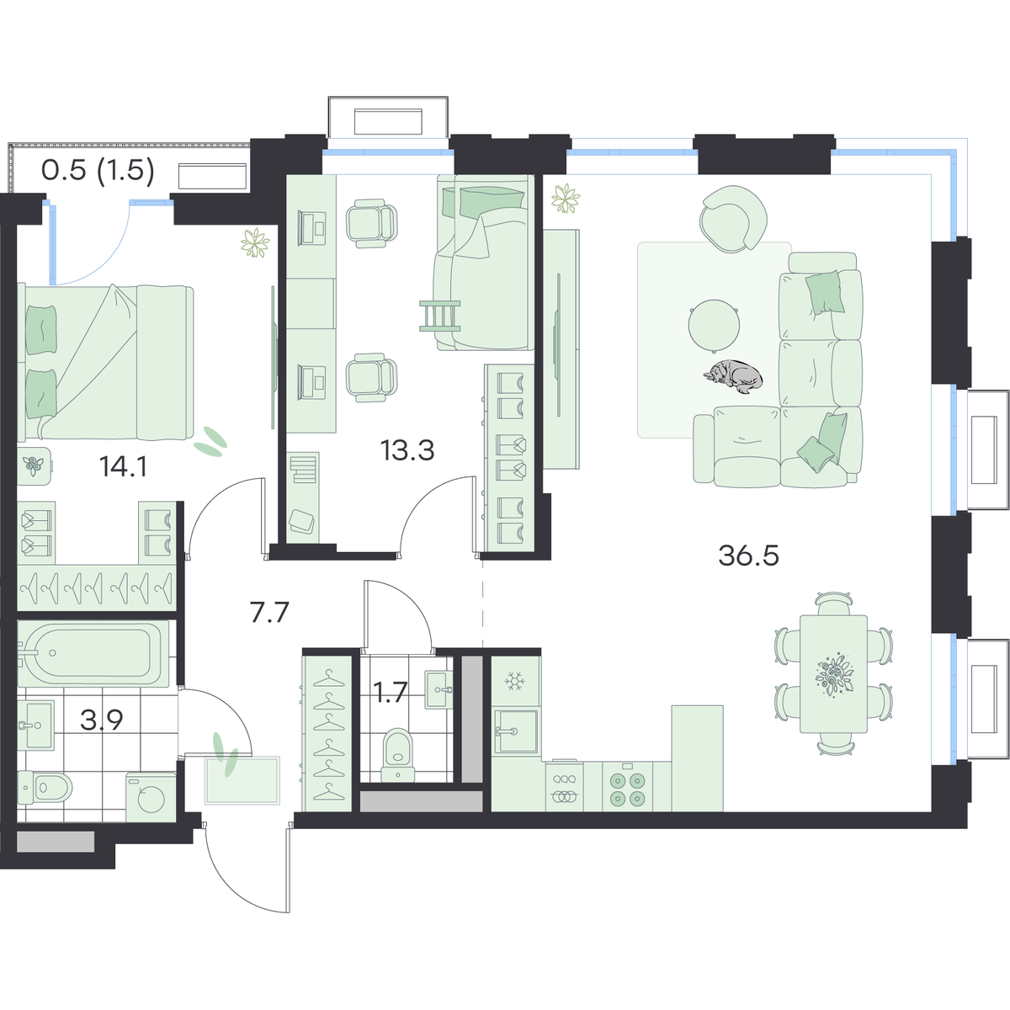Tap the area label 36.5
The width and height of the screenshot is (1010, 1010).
(748, 555)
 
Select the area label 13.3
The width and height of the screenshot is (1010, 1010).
(407, 450)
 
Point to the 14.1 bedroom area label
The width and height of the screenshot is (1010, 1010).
(123, 466)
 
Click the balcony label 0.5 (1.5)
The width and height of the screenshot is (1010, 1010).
(98, 170)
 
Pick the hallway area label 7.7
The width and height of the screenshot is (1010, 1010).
(270, 612)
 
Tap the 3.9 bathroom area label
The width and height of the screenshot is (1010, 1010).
(102, 720)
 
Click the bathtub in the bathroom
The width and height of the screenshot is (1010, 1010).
(93, 653)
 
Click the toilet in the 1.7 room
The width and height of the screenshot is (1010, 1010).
(398, 754)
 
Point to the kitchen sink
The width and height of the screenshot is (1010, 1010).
(516, 731)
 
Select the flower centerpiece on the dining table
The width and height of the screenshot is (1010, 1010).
(833, 675)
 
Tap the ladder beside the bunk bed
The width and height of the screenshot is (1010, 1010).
(439, 316)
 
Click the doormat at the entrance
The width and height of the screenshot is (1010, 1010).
(242, 780)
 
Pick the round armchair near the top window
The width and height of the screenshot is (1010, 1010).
(733, 220)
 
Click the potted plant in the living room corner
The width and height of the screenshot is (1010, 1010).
(566, 199)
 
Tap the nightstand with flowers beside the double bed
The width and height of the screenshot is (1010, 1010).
(34, 465)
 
